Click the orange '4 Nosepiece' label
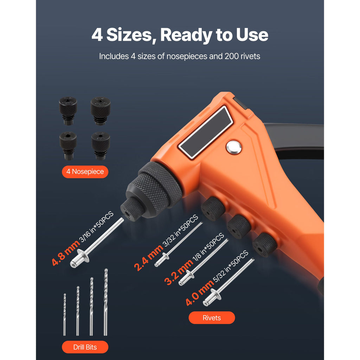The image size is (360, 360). (85, 172)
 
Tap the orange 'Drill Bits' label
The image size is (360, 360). (85, 347)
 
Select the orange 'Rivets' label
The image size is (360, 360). (212, 318)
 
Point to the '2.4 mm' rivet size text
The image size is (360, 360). (148, 258)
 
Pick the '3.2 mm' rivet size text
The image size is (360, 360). (179, 272)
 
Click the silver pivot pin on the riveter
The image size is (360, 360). (233, 147)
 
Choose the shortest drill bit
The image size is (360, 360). (65, 314)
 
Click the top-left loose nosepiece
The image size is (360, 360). (68, 111)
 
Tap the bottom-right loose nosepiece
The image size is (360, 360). (101, 146)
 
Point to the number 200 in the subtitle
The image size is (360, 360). (232, 56)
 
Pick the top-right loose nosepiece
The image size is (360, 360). (101, 111)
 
